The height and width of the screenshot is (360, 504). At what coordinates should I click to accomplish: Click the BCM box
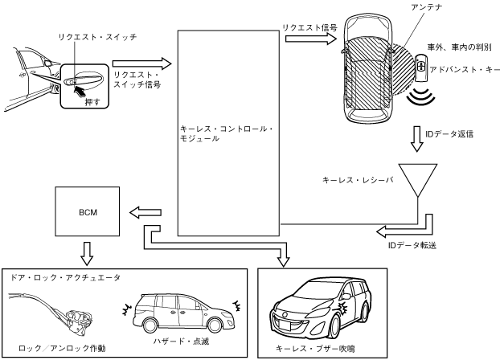88,211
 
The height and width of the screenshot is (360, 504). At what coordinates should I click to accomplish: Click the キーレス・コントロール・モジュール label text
227,133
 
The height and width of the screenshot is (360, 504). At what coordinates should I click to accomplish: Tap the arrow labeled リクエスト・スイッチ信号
142,63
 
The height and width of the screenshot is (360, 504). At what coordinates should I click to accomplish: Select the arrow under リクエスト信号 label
311,39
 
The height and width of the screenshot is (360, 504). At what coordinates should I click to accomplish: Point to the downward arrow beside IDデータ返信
417,138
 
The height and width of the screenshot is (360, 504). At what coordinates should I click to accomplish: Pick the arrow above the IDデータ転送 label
404,227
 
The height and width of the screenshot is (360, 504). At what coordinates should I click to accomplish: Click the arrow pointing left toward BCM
145,212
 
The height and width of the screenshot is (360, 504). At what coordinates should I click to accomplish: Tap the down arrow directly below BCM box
87,253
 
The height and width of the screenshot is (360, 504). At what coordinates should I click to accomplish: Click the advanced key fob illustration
420,67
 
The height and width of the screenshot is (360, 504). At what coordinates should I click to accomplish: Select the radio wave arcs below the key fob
421,96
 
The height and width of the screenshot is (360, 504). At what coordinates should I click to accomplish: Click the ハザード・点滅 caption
181,341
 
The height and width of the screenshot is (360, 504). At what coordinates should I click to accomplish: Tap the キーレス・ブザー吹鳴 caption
315,349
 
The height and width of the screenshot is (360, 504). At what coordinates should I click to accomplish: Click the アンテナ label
426,6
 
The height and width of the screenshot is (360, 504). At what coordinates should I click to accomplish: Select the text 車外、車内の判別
459,47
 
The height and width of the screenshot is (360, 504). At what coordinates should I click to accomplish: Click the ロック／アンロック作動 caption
62,348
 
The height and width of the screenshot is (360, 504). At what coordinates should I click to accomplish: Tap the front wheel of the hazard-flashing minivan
215,325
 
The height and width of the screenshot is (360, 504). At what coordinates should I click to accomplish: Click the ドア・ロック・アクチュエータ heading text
65,278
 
